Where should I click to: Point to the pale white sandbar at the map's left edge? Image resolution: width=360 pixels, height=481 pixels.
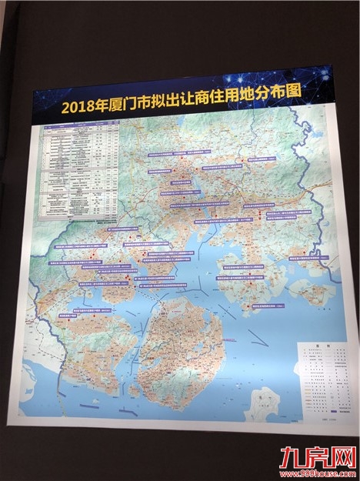point(46,362)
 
